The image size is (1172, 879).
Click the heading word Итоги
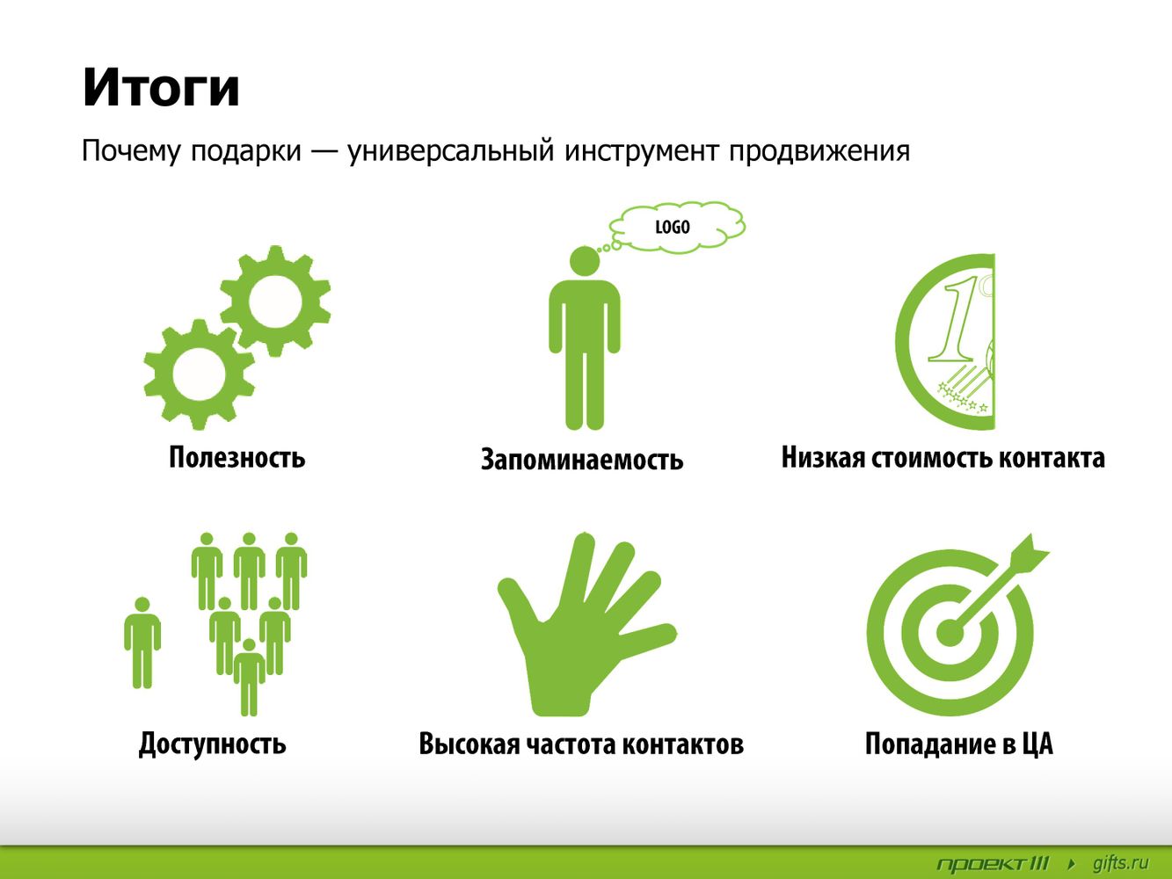(x=161, y=88)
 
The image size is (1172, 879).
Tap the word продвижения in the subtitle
(x=819, y=151)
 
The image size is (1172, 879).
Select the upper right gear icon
(x=275, y=301)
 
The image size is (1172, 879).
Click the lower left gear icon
(x=199, y=374)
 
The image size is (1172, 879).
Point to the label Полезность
(x=237, y=457)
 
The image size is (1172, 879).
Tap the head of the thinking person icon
(x=584, y=261)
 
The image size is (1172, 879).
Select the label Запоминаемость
(x=582, y=460)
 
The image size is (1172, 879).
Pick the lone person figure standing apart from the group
(x=142, y=643)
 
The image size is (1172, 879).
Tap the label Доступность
(x=213, y=744)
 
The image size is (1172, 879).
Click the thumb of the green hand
(x=518, y=597)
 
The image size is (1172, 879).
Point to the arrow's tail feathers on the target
(x=1032, y=553)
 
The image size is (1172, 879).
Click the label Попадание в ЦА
(x=959, y=744)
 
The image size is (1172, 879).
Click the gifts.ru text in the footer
(x=1120, y=863)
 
